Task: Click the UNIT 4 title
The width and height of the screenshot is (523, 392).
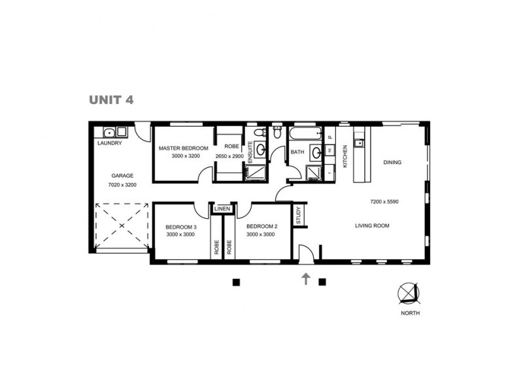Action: pyautogui.click(x=111, y=100)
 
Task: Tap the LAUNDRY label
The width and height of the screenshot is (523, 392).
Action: pyautogui.click(x=109, y=143)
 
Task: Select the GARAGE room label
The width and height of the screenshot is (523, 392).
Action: pyautogui.click(x=122, y=176)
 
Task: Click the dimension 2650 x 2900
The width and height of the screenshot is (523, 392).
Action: pyautogui.click(x=229, y=157)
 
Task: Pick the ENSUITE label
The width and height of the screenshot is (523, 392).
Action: pyautogui.click(x=250, y=152)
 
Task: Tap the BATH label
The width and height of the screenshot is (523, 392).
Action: pyautogui.click(x=297, y=152)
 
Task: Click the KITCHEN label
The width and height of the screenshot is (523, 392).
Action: pyautogui.click(x=345, y=157)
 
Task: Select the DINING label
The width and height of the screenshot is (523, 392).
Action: pyautogui.click(x=392, y=163)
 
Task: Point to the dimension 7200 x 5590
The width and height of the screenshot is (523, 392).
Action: pyautogui.click(x=384, y=201)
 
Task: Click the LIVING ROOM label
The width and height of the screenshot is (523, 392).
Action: pyautogui.click(x=372, y=226)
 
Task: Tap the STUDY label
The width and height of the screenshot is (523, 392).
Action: pyautogui.click(x=298, y=215)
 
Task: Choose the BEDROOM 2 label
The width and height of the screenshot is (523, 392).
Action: pyautogui.click(x=261, y=226)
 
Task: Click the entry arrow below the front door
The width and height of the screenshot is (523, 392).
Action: pyautogui.click(x=305, y=280)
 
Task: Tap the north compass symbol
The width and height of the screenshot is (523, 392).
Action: pyautogui.click(x=409, y=294)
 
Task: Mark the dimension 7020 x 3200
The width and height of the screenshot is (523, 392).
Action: pyautogui.click(x=122, y=185)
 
